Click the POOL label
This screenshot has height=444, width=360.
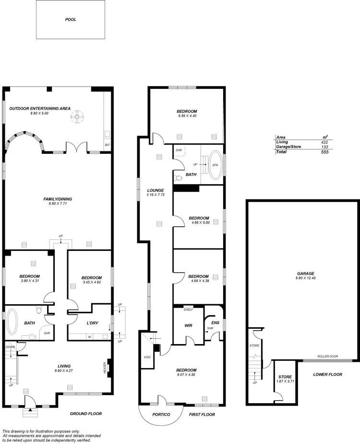(71, 20)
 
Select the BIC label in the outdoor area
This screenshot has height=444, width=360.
(107, 144)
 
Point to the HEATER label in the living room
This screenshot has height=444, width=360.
(104, 367)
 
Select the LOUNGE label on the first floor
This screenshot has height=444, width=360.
(156, 190)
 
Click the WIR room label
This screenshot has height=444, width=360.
(189, 325)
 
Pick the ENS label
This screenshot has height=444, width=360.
(215, 323)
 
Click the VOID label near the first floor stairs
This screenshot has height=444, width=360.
(147, 357)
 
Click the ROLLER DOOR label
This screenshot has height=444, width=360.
(327, 357)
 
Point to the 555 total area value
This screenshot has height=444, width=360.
(325, 152)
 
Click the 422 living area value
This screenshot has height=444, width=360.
(325, 142)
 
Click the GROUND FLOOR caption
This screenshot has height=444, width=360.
(86, 414)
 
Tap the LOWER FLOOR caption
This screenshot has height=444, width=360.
(327, 374)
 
